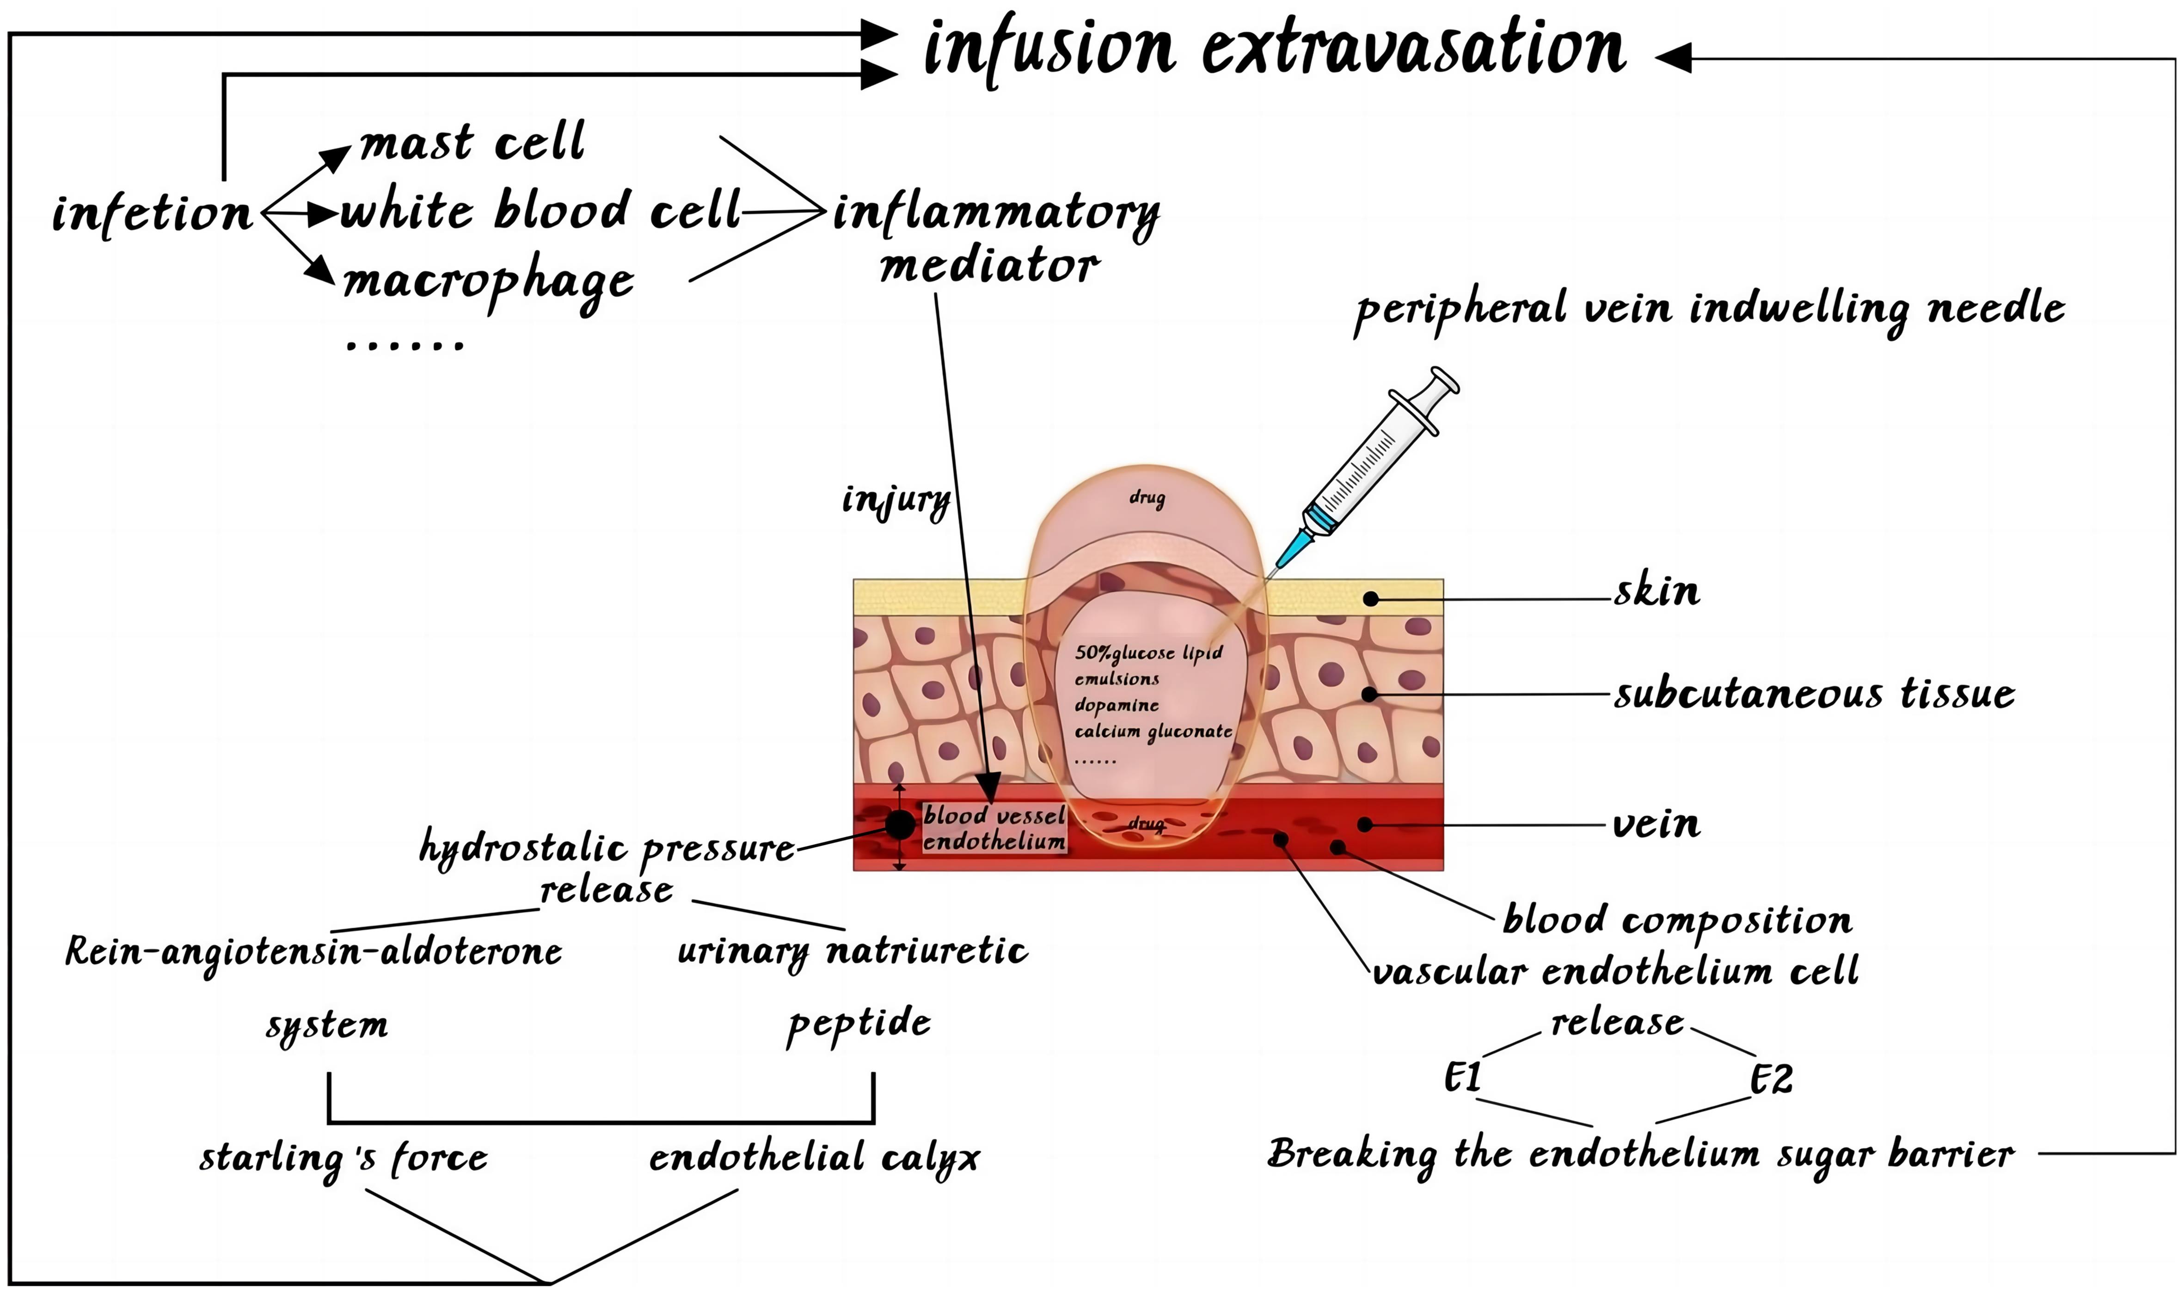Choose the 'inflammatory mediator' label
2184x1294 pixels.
tap(994, 237)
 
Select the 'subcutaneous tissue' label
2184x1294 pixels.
tap(1814, 695)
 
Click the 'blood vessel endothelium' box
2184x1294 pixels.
tap(994, 828)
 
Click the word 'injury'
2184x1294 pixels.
tap(896, 501)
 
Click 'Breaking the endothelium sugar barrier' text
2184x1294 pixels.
tap(1640, 1155)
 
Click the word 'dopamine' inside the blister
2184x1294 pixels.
tap(1117, 705)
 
